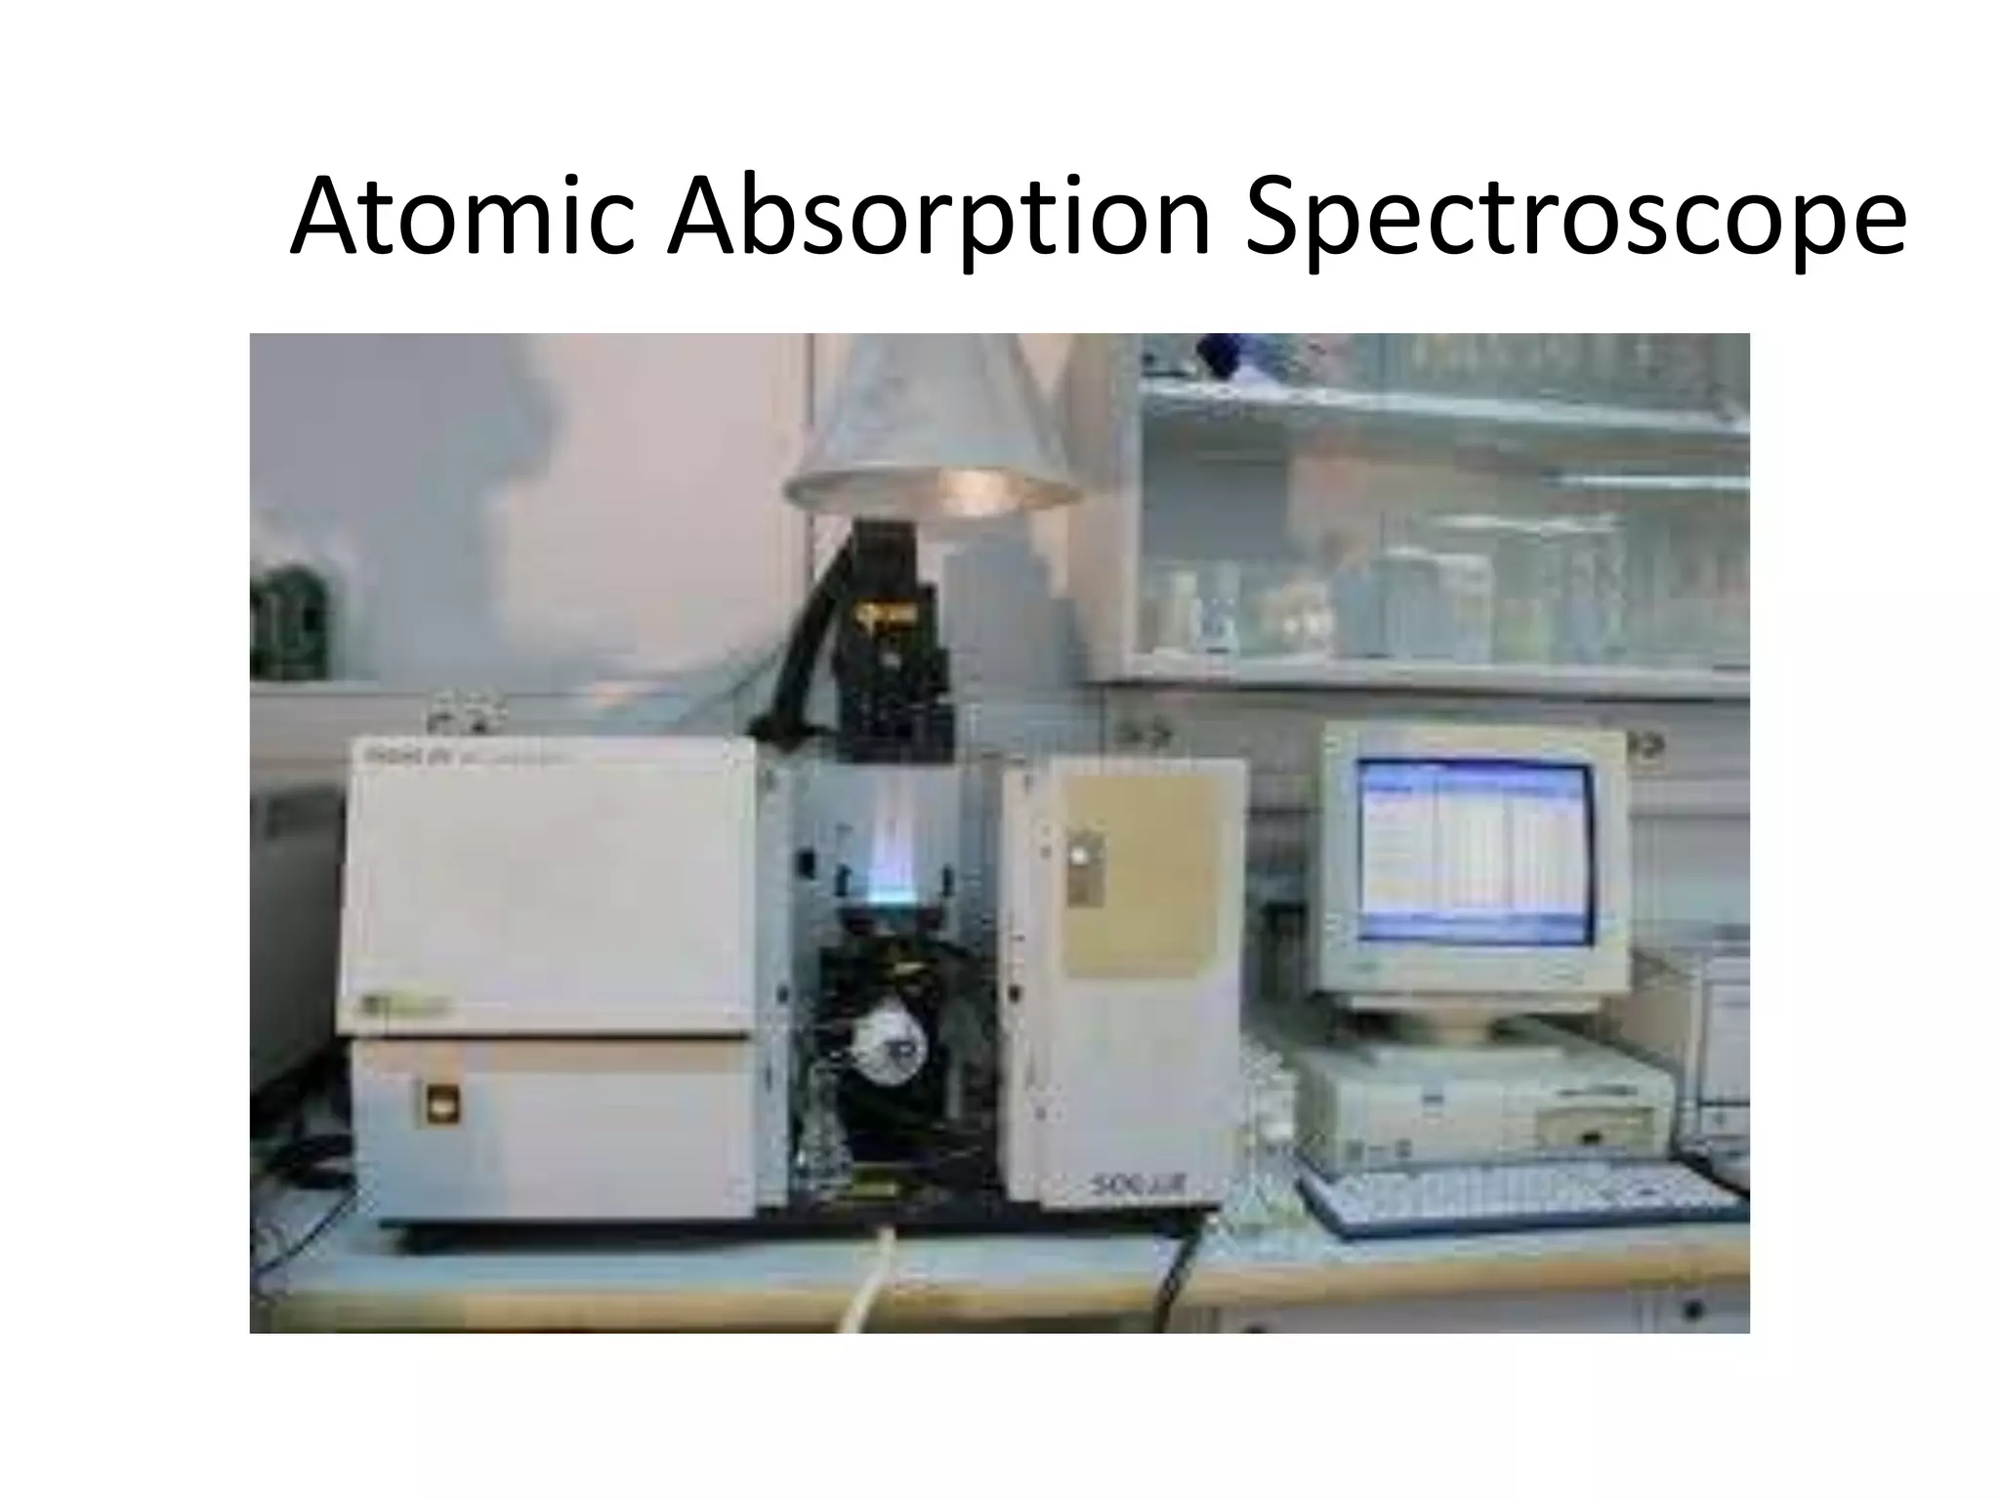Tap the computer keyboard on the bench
[x=1523, y=1196]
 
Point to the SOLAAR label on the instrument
[x=1138, y=1187]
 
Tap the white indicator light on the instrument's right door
[x=1079, y=855]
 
